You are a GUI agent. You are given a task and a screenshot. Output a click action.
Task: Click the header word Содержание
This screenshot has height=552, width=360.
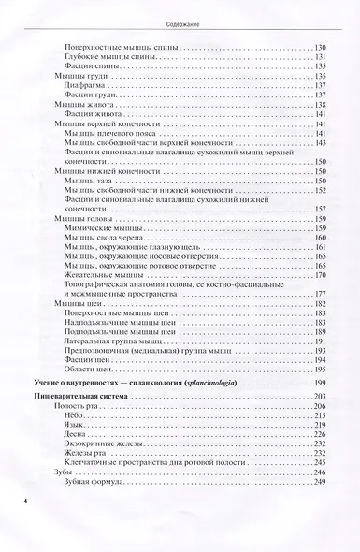(x=180, y=16)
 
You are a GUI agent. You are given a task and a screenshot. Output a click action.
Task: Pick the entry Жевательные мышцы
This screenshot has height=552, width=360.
(x=102, y=276)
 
